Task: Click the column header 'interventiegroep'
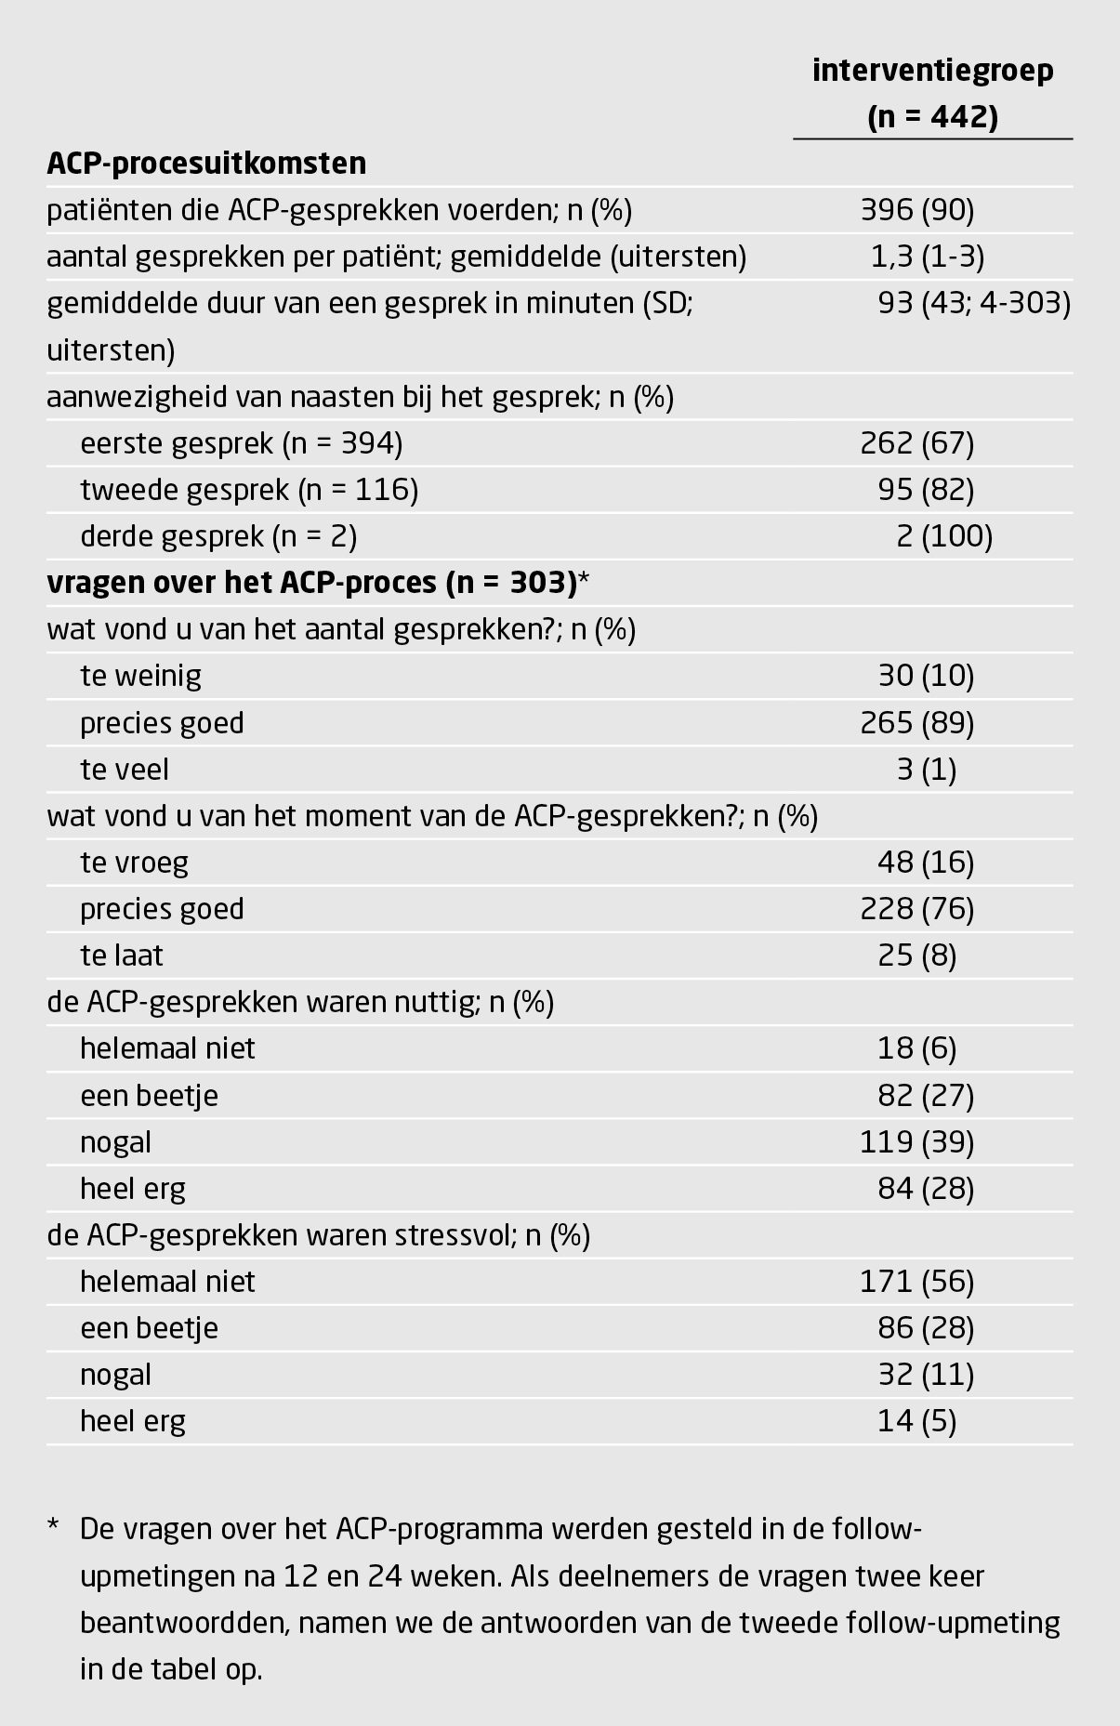(x=932, y=72)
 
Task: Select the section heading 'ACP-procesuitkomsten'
(x=206, y=164)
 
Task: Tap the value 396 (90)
(x=917, y=210)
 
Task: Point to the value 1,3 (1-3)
(x=927, y=257)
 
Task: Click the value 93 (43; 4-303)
(x=973, y=303)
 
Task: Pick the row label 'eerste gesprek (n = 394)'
(x=241, y=443)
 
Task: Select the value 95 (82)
(x=926, y=490)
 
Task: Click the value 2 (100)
(x=944, y=536)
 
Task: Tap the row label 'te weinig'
(x=140, y=676)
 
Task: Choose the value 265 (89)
(x=917, y=722)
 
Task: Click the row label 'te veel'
(x=125, y=770)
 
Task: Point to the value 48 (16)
(x=926, y=863)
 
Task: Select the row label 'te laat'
(x=122, y=955)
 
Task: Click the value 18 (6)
(x=916, y=1048)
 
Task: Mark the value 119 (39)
(x=917, y=1141)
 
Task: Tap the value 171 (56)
(x=917, y=1282)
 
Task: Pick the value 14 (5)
(x=916, y=1421)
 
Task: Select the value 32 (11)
(x=926, y=1375)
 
